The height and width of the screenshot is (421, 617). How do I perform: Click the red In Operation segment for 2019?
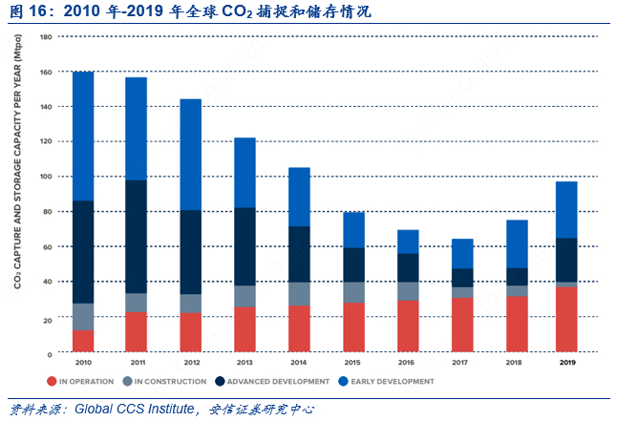point(566,320)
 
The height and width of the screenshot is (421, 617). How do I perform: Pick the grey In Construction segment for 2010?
point(83,317)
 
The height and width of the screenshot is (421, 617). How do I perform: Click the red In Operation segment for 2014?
point(298,329)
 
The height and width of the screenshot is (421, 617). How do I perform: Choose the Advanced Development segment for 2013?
point(245,246)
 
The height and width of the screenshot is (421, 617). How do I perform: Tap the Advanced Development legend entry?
point(273,381)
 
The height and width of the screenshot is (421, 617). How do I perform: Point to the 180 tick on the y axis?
point(46,36)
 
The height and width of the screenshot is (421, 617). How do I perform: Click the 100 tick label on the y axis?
point(46,177)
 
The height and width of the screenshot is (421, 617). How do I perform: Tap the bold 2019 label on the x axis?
point(566,364)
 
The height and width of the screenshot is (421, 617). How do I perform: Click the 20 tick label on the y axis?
point(48,318)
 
